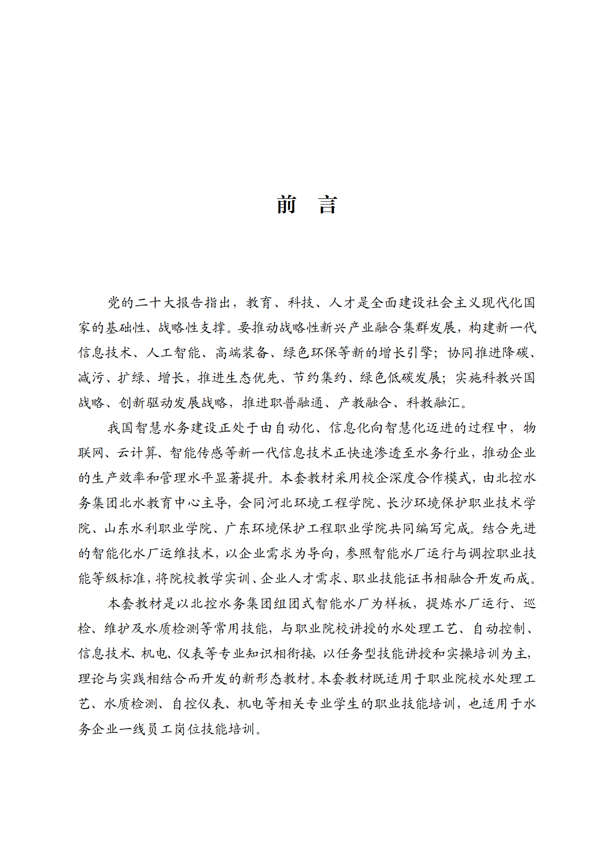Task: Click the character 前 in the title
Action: click(286, 205)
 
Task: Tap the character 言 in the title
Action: click(328, 205)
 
